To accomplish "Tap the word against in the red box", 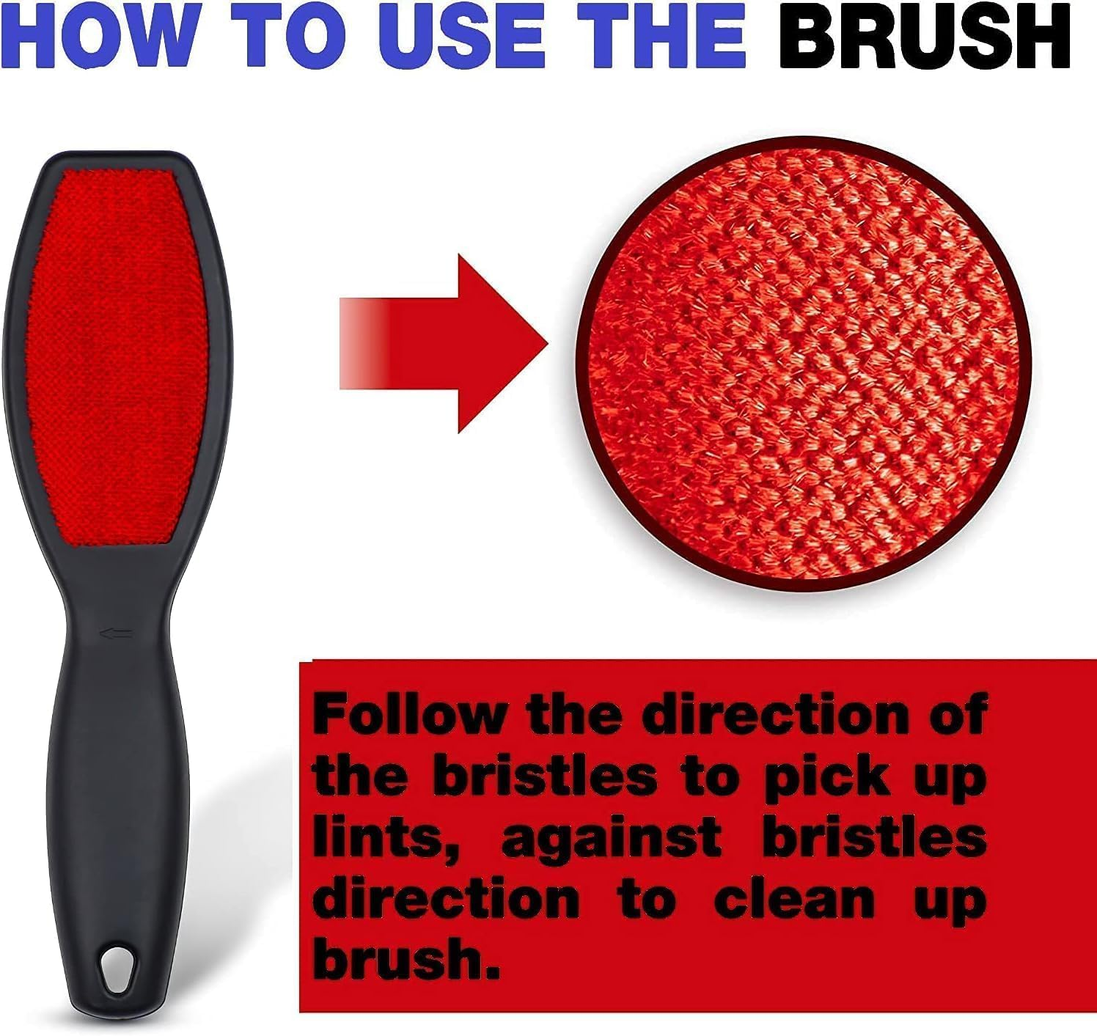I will [x=613, y=840].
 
